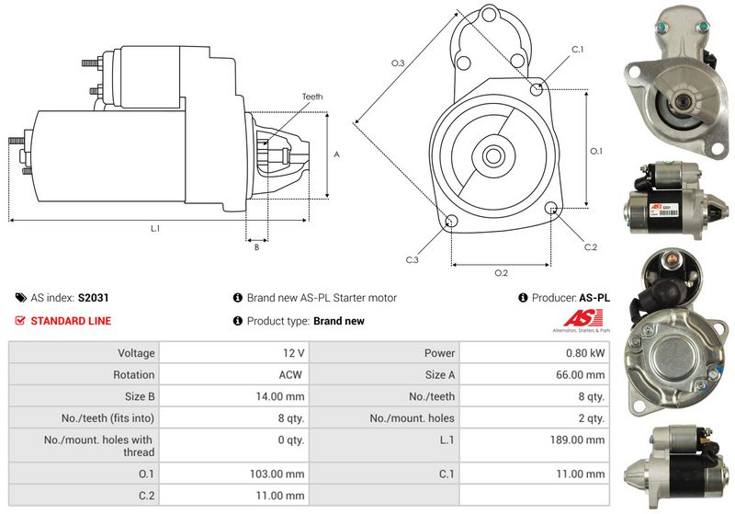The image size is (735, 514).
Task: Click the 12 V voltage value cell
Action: pyautogui.click(x=294, y=353)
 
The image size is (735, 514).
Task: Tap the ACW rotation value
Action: pyautogui.click(x=292, y=375)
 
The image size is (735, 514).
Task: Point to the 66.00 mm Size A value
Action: pyautogui.click(x=582, y=375)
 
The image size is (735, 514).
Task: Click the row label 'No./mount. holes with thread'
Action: pyautogui.click(x=98, y=446)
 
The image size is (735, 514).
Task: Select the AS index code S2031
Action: pyautogui.click(x=93, y=298)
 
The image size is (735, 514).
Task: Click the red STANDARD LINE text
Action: pyautogui.click(x=71, y=321)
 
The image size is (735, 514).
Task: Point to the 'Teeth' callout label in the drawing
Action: pyautogui.click(x=312, y=97)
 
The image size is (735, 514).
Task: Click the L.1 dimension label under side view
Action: pyautogui.click(x=155, y=228)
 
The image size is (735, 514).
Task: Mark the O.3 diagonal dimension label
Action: pyautogui.click(x=398, y=63)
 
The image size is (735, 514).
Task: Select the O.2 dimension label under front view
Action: pyautogui.click(x=501, y=273)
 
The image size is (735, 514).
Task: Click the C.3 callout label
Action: pyautogui.click(x=413, y=260)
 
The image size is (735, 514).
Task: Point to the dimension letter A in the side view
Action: pyautogui.click(x=336, y=154)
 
